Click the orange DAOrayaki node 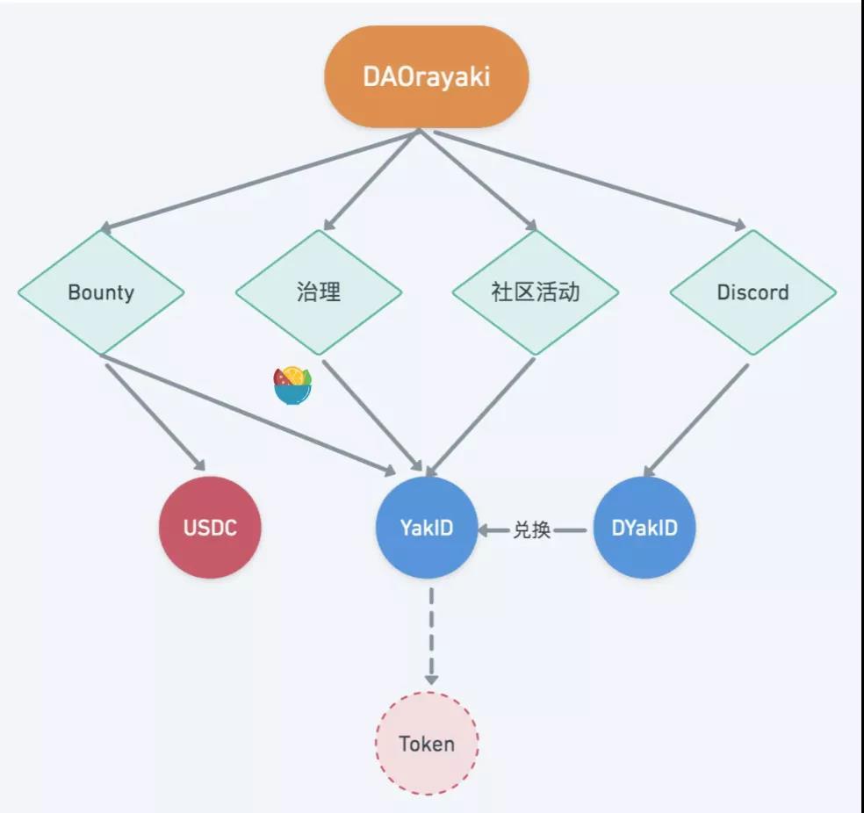427,76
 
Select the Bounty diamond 101,292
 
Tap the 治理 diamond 319,292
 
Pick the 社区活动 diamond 536,292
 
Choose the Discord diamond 752,292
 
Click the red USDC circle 210,528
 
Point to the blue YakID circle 427,528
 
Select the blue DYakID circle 644,528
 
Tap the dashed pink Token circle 427,744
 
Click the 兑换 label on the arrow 532,529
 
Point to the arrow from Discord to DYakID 697,420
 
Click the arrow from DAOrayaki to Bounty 263,181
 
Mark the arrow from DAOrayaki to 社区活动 479,181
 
